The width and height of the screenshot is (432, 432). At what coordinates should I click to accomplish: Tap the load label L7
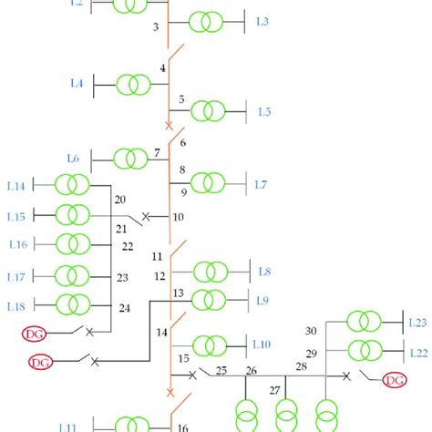pos(261,185)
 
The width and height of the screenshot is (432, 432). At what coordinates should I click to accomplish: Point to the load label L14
pos(15,186)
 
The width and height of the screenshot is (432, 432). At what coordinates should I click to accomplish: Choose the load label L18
pos(15,304)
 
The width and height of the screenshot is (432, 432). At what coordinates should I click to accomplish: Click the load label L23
pos(418,322)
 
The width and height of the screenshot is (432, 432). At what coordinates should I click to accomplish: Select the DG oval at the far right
pos(395,379)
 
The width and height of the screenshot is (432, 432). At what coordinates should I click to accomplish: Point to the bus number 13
pos(178,293)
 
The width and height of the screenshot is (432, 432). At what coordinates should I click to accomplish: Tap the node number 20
pos(119,201)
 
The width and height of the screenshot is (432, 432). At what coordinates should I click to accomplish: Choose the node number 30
pos(311,331)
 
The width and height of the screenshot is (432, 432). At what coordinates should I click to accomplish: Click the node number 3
pos(156,27)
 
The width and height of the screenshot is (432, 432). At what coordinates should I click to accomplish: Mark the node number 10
pos(178,217)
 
